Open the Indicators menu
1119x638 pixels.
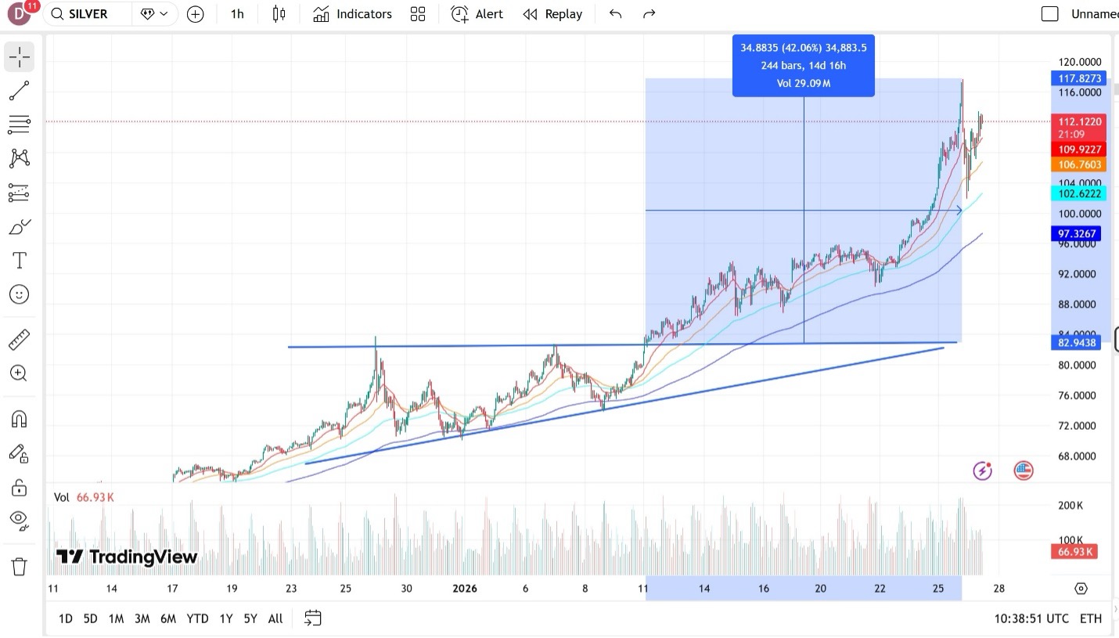(352, 14)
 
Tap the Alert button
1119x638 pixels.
(477, 14)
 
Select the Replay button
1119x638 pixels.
(552, 14)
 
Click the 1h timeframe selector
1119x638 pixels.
(237, 14)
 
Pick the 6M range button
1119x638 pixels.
(168, 618)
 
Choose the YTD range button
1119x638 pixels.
(197, 618)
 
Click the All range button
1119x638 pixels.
(275, 618)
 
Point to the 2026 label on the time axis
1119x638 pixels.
(465, 589)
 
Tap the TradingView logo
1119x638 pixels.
(127, 557)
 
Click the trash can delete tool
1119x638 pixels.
(20, 566)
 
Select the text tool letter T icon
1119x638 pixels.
(20, 260)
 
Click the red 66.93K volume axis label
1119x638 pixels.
(1075, 552)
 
